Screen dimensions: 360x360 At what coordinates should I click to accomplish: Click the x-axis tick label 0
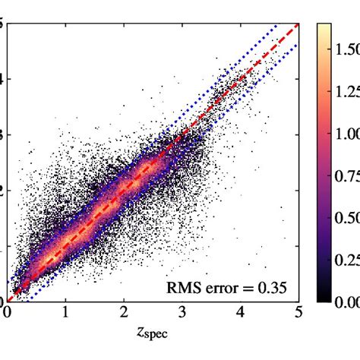point(8,312)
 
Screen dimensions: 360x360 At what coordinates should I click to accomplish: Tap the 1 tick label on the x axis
point(66,312)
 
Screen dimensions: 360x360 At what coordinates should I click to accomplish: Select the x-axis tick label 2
point(124,312)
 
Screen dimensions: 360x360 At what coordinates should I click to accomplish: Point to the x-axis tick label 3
point(182,312)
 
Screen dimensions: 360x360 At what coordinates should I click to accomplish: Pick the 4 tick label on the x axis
point(241,312)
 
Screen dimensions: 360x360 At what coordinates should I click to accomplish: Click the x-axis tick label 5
point(298,312)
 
